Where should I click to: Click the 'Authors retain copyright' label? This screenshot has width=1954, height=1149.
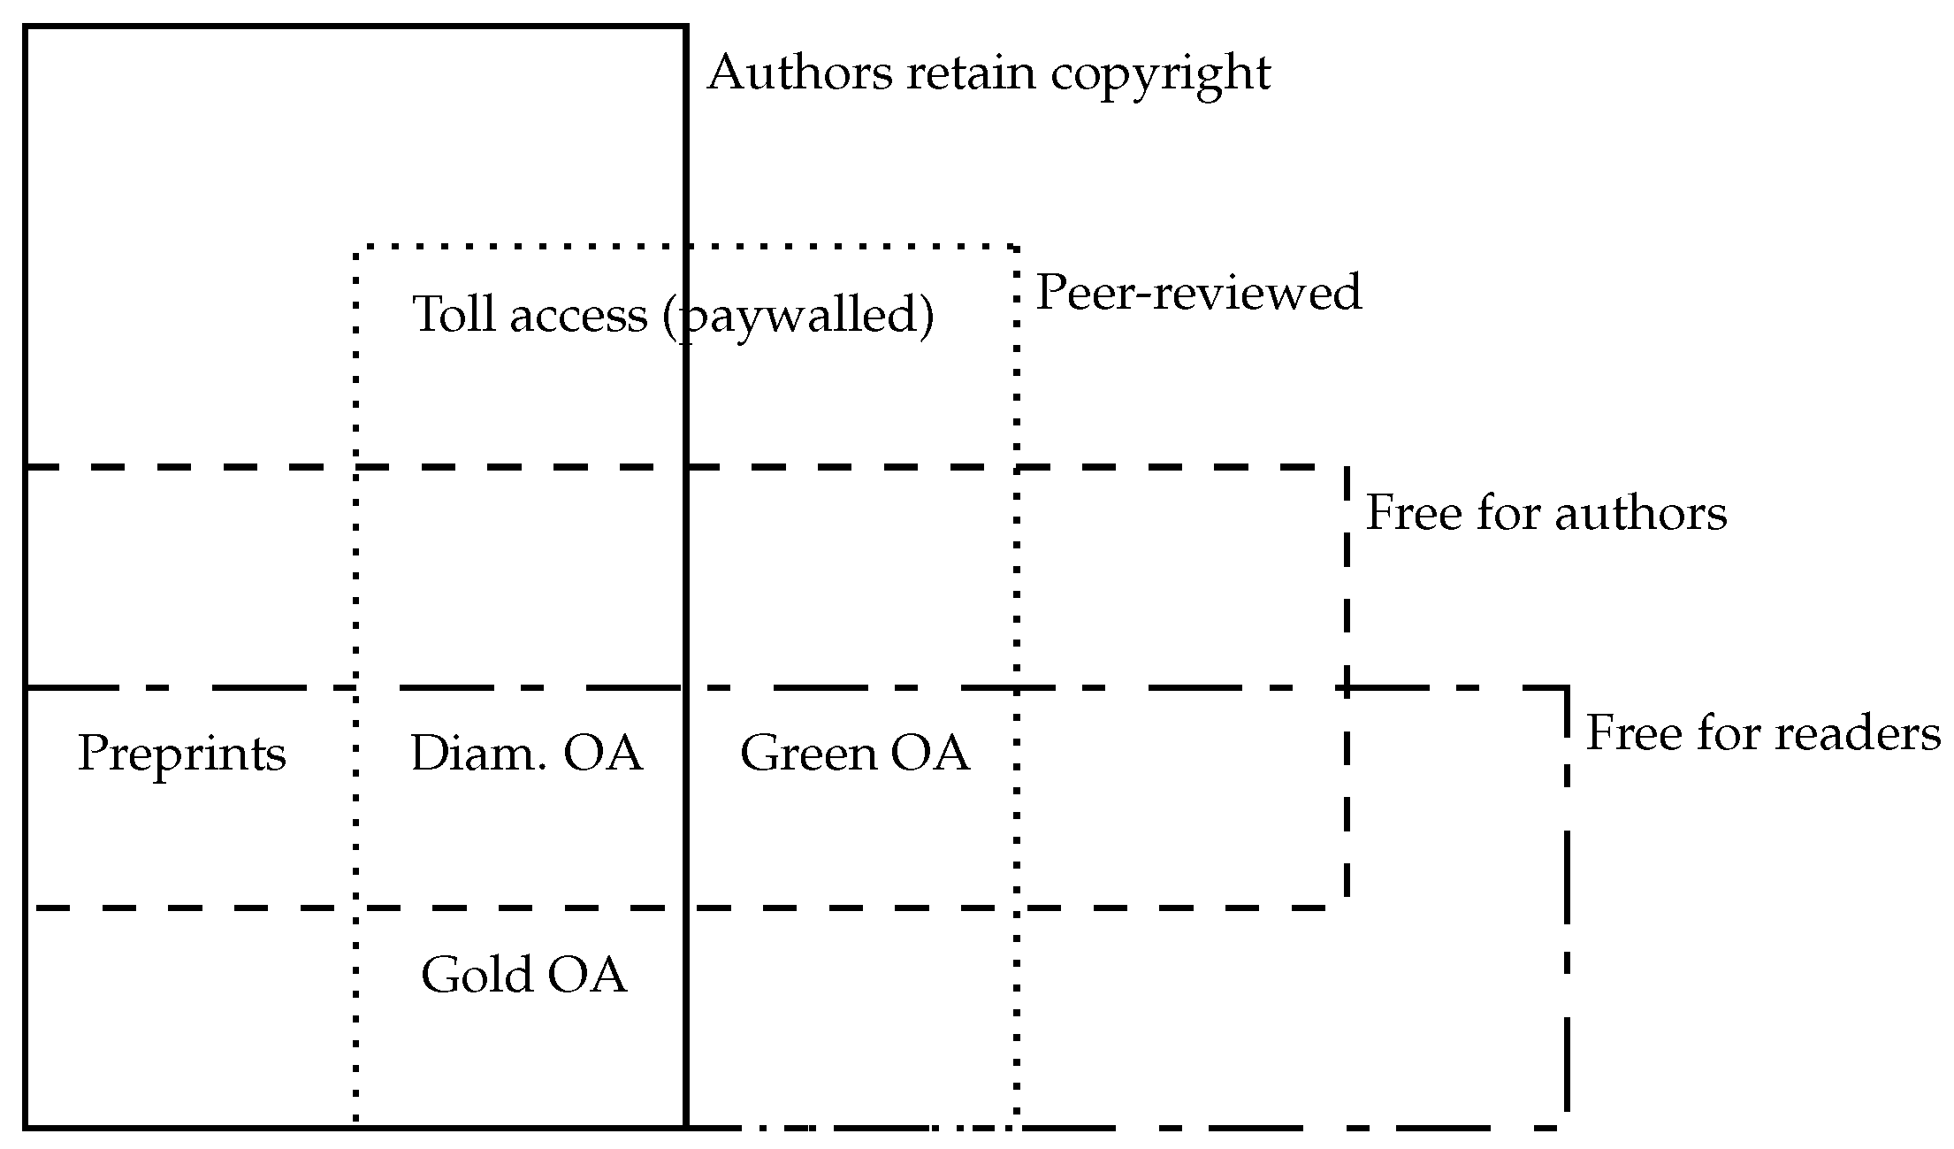pyautogui.click(x=988, y=73)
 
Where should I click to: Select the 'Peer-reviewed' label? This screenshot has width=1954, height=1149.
pyautogui.click(x=1198, y=292)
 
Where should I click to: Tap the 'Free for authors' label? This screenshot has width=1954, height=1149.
pyautogui.click(x=1546, y=513)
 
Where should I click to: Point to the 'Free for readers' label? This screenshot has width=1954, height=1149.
pyautogui.click(x=1762, y=733)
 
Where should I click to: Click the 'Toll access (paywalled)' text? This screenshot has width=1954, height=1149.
pyautogui.click(x=673, y=314)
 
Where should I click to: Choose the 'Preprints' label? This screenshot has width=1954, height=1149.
pyautogui.click(x=182, y=754)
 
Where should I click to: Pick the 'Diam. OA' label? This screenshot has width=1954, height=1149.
pyautogui.click(x=526, y=754)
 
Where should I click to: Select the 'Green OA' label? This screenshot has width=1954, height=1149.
pyautogui.click(x=854, y=754)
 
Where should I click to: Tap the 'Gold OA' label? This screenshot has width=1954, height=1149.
pyautogui.click(x=523, y=974)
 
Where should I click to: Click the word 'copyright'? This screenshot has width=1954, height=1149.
pyautogui.click(x=1160, y=74)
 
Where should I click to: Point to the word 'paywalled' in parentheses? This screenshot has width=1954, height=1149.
pyautogui.click(x=798, y=316)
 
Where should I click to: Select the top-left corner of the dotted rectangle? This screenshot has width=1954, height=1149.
pyautogui.click(x=355, y=246)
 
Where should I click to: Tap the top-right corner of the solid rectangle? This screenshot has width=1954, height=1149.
pyautogui.click(x=686, y=27)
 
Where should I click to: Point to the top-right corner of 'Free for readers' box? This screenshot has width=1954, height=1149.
pyautogui.click(x=1566, y=687)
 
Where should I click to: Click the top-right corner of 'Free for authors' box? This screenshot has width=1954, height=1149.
pyautogui.click(x=1347, y=466)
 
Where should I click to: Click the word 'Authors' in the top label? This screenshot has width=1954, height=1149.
pyautogui.click(x=799, y=73)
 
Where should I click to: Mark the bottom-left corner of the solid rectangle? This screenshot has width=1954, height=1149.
pyautogui.click(x=26, y=1127)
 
